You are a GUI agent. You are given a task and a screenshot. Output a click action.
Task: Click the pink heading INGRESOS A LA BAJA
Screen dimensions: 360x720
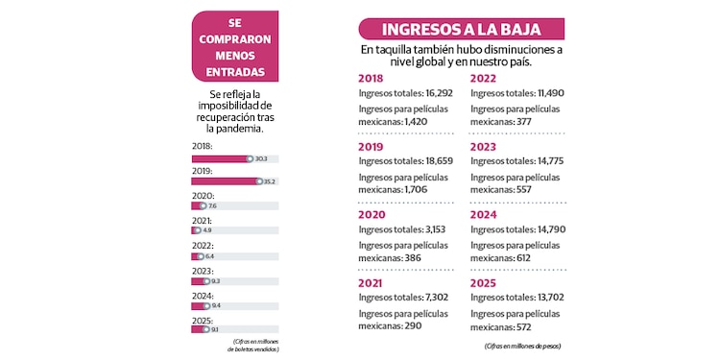pos(462,29)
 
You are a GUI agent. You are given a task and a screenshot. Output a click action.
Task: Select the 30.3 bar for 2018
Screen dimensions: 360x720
pos(221,158)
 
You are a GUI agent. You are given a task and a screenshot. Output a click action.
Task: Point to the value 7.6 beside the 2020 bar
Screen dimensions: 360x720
pos(212,206)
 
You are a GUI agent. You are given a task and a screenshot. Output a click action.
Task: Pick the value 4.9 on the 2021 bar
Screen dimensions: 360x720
pos(206,230)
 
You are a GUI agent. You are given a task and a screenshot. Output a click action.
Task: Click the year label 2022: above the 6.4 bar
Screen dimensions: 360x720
pos(203,245)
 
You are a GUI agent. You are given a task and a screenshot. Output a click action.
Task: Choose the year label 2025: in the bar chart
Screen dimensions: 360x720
pos(203,320)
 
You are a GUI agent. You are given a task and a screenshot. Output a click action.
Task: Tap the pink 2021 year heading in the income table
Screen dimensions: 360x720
pos(371,284)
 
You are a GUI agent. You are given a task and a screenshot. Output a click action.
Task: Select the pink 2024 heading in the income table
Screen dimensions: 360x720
pos(484,216)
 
